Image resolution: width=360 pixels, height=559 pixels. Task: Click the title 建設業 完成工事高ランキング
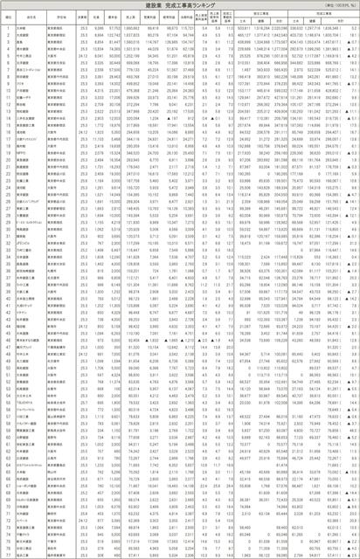[179, 6]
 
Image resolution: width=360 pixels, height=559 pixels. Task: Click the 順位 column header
[7, 18]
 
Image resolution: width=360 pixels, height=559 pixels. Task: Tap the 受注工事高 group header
[263, 15]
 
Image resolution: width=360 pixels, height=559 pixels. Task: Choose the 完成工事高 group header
[323, 15]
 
